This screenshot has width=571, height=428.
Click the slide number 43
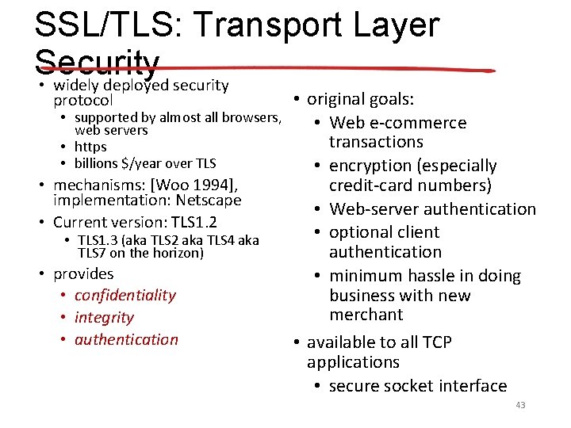(520, 405)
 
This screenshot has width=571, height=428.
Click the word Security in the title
(98, 63)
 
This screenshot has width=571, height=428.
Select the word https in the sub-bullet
(90, 147)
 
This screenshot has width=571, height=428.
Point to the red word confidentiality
(125, 295)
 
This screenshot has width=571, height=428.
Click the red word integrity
(104, 317)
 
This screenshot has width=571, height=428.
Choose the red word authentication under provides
(126, 339)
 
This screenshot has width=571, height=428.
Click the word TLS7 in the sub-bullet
(92, 254)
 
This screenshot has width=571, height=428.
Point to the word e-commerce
(418, 123)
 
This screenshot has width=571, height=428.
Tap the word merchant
(366, 315)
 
